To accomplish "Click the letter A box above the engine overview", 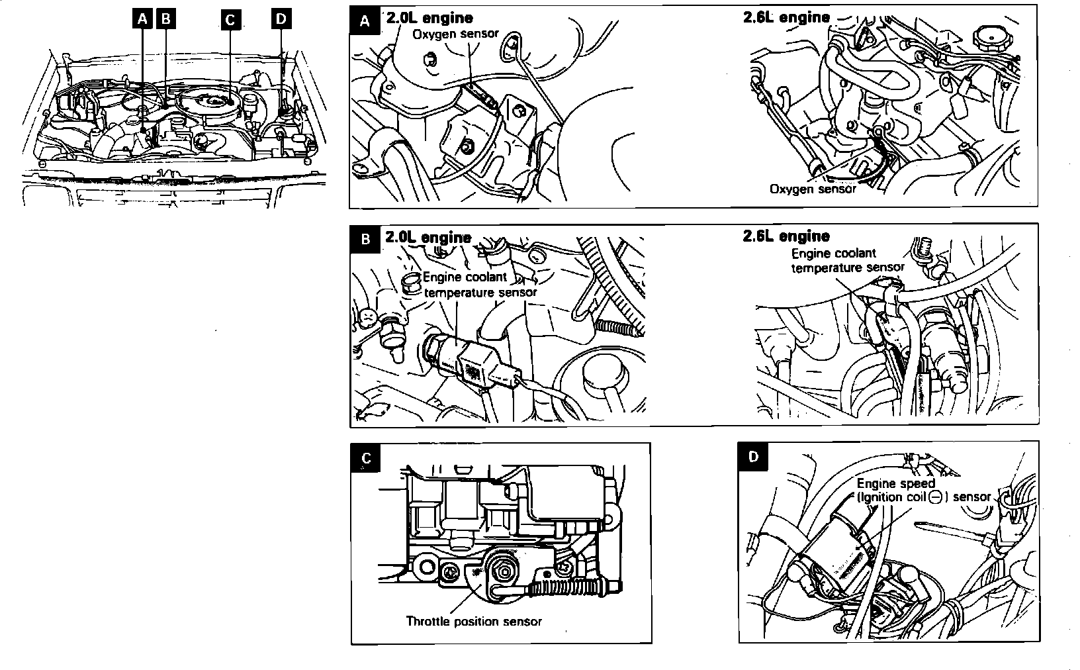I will pos(141,19).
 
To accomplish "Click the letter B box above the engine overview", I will pos(165,19).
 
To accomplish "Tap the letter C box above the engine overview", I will pos(230,20).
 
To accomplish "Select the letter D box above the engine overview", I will pos(281,19).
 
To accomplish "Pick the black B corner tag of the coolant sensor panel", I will pos(365,239).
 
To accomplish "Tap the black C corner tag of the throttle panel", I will pos(367,458).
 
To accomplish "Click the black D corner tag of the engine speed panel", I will pos(754,456).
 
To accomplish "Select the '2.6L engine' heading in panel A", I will pos(786,17).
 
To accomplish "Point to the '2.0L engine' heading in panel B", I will pos(428,237).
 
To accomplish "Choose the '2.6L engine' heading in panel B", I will pos(786,236).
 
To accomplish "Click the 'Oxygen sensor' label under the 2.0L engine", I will pos(455,34).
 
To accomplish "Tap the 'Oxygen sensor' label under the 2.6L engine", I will pos(813,189).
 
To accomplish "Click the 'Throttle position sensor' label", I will pos(474,621).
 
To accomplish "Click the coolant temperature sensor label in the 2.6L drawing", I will pos(847,260).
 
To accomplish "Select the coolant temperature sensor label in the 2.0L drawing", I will pos(479,285).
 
